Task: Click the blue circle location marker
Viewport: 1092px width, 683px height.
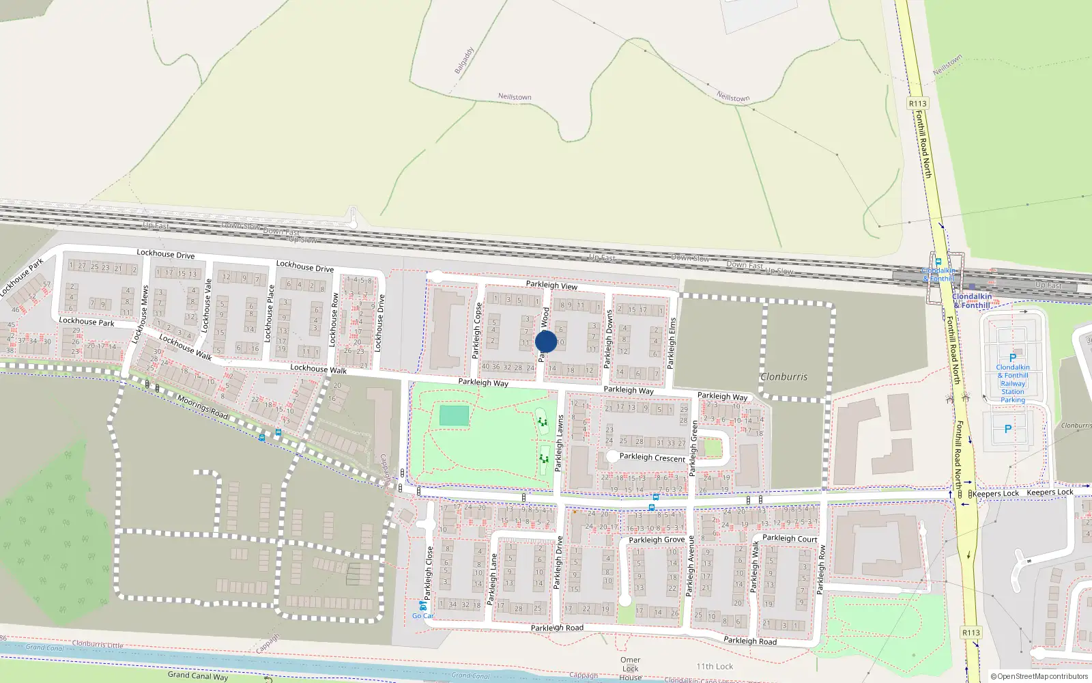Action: [546, 341]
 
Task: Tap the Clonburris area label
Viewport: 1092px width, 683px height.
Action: [784, 376]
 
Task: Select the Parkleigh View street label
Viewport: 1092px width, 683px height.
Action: [551, 285]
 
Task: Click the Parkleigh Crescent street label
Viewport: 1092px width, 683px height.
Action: [652, 457]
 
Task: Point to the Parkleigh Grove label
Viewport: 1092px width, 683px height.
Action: [657, 540]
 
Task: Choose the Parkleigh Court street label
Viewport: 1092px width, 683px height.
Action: [790, 538]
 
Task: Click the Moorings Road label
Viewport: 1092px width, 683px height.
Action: [202, 407]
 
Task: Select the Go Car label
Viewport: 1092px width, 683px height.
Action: [422, 615]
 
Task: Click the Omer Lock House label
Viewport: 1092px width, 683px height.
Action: [631, 669]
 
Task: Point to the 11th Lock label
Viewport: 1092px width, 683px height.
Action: [715, 666]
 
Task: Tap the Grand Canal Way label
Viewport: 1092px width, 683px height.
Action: [198, 675]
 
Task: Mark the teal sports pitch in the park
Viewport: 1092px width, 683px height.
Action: [455, 415]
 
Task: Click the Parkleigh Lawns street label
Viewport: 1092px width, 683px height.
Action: [559, 443]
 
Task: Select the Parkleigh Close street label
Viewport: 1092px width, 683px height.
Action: [429, 573]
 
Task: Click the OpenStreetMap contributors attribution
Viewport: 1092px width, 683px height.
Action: [1039, 676]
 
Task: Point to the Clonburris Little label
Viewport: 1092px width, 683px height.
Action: [98, 644]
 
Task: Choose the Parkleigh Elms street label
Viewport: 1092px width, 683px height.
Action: [672, 343]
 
